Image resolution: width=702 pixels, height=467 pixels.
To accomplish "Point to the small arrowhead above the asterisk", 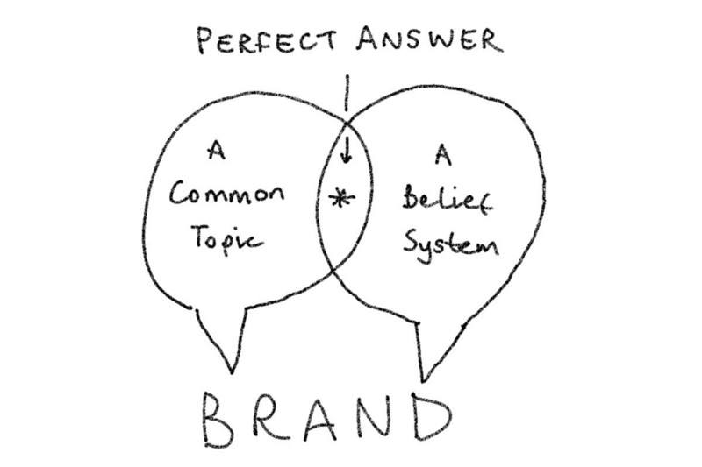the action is (x=346, y=158).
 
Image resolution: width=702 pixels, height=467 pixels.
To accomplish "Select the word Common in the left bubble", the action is (x=227, y=195).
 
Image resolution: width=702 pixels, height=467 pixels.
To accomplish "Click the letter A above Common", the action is (x=213, y=152).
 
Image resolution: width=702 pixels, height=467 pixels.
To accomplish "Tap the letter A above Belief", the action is (x=441, y=158).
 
